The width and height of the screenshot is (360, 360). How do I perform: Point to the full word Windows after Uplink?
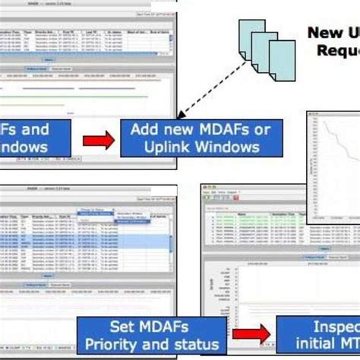(x=229, y=147)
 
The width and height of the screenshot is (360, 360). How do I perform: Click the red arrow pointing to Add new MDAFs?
(x=98, y=138)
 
